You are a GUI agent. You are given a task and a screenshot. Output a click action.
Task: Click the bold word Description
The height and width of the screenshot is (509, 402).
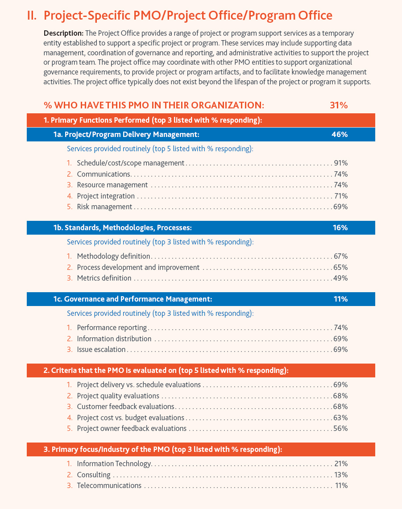(x=63, y=33)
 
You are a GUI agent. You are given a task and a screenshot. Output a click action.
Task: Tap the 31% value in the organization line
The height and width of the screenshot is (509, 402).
(x=339, y=105)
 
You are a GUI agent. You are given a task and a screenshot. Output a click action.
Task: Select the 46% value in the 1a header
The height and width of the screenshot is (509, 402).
(x=340, y=134)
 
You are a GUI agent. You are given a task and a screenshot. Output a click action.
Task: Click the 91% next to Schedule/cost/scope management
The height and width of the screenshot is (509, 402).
(x=340, y=163)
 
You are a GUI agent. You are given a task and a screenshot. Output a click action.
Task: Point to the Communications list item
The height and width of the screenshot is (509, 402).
(x=104, y=174)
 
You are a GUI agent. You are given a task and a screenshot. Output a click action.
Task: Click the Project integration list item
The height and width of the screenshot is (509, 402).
(x=106, y=196)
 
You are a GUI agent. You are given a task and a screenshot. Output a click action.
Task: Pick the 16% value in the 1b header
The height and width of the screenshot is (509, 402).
(x=340, y=228)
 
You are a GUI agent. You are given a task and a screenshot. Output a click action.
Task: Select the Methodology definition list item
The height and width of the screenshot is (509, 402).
(x=113, y=257)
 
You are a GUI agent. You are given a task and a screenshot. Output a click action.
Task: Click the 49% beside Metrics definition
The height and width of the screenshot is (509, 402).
(x=340, y=278)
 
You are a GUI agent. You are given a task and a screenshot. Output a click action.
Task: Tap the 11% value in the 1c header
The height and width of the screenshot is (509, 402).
(x=340, y=299)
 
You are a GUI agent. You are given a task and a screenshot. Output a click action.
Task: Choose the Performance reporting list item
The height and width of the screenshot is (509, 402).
(x=112, y=328)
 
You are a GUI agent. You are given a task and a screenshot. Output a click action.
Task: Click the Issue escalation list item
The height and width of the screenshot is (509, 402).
(x=101, y=350)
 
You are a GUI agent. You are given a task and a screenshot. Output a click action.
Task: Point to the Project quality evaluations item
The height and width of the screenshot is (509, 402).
(x=118, y=396)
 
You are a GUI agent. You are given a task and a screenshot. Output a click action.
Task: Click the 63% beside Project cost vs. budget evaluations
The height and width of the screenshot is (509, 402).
(x=340, y=418)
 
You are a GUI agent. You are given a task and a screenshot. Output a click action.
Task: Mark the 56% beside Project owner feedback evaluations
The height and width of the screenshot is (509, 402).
(x=340, y=429)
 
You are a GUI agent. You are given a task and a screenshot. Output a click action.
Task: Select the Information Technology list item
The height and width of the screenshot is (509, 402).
(x=114, y=464)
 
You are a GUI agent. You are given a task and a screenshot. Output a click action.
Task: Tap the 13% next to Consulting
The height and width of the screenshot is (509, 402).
(x=341, y=475)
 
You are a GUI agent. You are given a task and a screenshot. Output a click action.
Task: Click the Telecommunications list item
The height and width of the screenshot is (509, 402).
(x=109, y=486)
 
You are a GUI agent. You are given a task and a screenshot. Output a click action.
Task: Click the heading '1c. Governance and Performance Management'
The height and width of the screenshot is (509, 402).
(x=133, y=299)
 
